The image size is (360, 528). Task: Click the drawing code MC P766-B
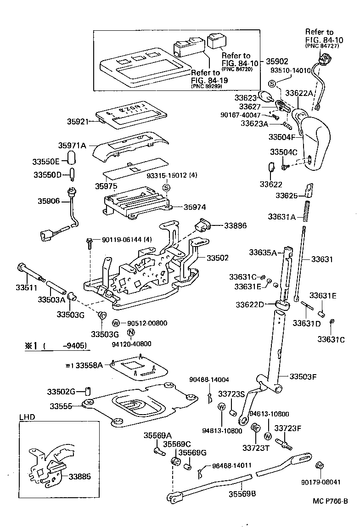pyautogui.click(x=326, y=502)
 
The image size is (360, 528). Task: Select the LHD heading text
pyautogui.click(x=26, y=417)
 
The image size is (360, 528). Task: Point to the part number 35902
pyautogui.click(x=277, y=61)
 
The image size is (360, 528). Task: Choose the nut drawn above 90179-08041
pyautogui.click(x=320, y=466)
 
